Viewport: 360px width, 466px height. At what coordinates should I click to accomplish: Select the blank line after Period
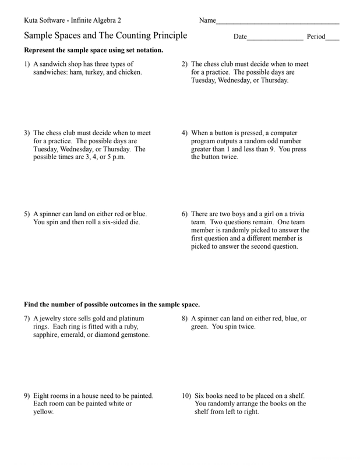coord(332,39)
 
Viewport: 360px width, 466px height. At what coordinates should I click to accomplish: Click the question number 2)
coord(185,64)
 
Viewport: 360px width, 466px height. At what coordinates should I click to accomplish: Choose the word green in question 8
coord(200,327)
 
